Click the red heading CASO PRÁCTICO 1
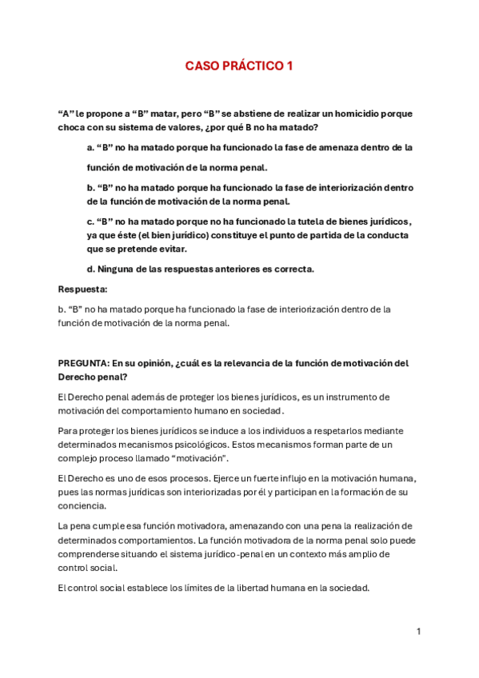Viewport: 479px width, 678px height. [239, 66]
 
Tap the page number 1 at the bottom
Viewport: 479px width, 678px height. [418, 632]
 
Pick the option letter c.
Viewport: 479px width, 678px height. [90, 221]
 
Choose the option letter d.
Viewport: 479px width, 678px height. [90, 269]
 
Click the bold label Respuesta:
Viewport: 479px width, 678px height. [83, 289]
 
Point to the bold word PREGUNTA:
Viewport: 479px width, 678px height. [83, 362]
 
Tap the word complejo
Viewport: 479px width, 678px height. [78, 458]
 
